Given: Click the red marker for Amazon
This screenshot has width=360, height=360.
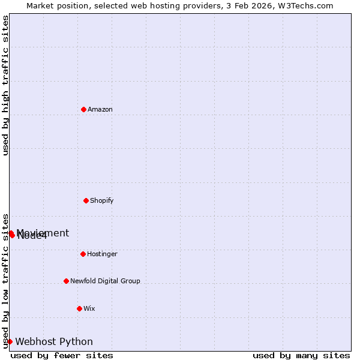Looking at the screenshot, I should pyautogui.click(x=83, y=109).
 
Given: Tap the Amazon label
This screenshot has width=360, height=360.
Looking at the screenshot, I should pyautogui.click(x=100, y=109).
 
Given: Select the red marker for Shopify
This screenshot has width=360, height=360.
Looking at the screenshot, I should pyautogui.click(x=86, y=200).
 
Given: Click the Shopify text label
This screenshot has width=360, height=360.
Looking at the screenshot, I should pyautogui.click(x=101, y=200).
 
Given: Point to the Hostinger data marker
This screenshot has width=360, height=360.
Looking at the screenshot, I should pyautogui.click(x=83, y=254).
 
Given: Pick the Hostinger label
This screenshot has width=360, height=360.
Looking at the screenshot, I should pyautogui.click(x=102, y=254).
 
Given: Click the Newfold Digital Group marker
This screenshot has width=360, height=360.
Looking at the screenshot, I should pyautogui.click(x=66, y=281).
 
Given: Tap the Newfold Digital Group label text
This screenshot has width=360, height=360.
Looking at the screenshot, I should pyautogui.click(x=105, y=281).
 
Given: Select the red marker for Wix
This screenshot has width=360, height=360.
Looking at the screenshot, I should pyautogui.click(x=79, y=308).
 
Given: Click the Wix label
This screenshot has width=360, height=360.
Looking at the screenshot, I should pyautogui.click(x=89, y=308).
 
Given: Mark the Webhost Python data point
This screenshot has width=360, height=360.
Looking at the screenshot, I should pyautogui.click(x=10, y=341).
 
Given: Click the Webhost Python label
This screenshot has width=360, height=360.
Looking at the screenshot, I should pyautogui.click(x=54, y=342).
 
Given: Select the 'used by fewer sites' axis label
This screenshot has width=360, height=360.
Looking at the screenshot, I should pyautogui.click(x=62, y=355).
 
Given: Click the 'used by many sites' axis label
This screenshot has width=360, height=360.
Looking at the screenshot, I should pyautogui.click(x=301, y=355).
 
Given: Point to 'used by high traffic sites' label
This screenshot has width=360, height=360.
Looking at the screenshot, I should pyautogui.click(x=5, y=85).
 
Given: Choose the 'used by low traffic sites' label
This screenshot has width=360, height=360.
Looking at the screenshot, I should pyautogui.click(x=5, y=281).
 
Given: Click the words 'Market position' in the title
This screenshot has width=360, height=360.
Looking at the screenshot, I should pyautogui.click(x=55, y=5).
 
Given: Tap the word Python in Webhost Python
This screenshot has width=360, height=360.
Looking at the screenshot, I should pyautogui.click(x=76, y=342).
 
